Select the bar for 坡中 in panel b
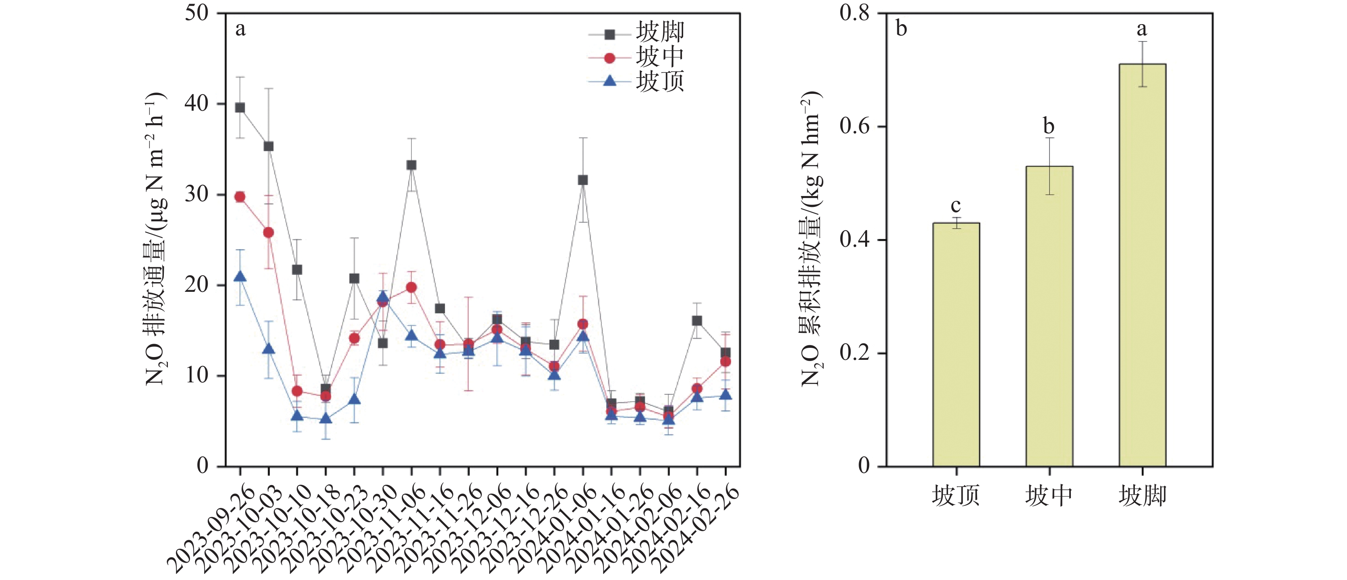click(1049, 316)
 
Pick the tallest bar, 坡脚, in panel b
click(1142, 264)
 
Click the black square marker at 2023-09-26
click(240, 108)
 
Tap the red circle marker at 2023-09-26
click(240, 197)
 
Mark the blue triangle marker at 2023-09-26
click(240, 277)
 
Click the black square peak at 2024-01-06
click(583, 180)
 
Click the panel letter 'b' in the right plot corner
click(901, 28)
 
